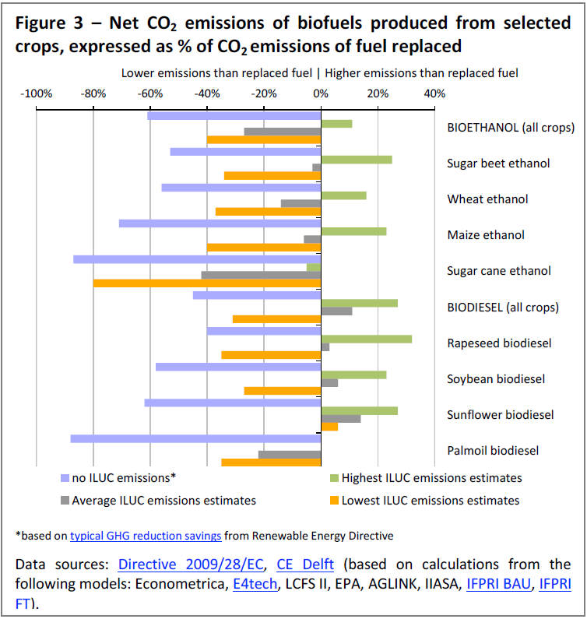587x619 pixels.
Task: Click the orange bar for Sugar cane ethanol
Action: pyautogui.click(x=207, y=283)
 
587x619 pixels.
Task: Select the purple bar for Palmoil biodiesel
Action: pyautogui.click(x=195, y=438)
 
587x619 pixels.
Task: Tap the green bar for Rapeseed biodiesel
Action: pyautogui.click(x=367, y=339)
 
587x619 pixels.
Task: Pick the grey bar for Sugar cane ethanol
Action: pyautogui.click(x=261, y=275)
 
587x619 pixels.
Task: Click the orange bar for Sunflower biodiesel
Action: pyautogui.click(x=329, y=427)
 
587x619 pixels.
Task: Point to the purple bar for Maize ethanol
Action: pyautogui.click(x=220, y=223)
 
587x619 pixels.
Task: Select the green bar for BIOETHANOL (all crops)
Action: pyautogui.click(x=337, y=124)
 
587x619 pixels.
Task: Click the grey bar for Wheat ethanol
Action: pyautogui.click(x=301, y=203)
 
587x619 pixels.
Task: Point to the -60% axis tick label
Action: pyautogui.click(x=150, y=93)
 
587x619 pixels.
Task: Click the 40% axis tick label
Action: pyautogui.click(x=434, y=93)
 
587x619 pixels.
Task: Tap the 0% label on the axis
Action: pyautogui.click(x=321, y=93)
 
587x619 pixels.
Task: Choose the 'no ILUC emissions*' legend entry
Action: pyautogui.click(x=118, y=478)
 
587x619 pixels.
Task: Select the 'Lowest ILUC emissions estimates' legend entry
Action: pyautogui.click(x=425, y=501)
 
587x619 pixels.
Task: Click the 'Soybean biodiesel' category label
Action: pyautogui.click(x=496, y=379)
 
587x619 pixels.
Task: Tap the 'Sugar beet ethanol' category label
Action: pyautogui.click(x=498, y=164)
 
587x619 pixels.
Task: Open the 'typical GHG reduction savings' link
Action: pyautogui.click(x=146, y=536)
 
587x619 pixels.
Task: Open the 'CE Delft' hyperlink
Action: pyautogui.click(x=305, y=564)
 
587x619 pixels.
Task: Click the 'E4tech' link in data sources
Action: pyautogui.click(x=255, y=583)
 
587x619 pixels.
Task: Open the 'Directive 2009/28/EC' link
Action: pyautogui.click(x=191, y=564)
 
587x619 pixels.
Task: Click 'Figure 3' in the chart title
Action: pyautogui.click(x=49, y=23)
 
